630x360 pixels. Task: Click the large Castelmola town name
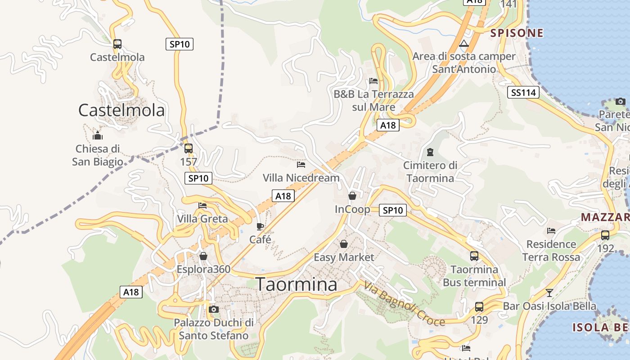pyautogui.click(x=121, y=110)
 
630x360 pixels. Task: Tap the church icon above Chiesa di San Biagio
pyautogui.click(x=98, y=135)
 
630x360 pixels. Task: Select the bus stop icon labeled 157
pyautogui.click(x=189, y=148)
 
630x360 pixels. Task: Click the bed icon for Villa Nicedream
pyautogui.click(x=301, y=165)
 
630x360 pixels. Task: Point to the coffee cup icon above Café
pyautogui.click(x=260, y=226)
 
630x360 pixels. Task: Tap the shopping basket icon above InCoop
pyautogui.click(x=352, y=196)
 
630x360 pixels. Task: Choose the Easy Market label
pyautogui.click(x=344, y=257)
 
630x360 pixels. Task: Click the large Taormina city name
pyautogui.click(x=296, y=284)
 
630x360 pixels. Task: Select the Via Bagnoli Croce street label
pyautogui.click(x=404, y=303)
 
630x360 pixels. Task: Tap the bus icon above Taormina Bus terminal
pyautogui.click(x=474, y=256)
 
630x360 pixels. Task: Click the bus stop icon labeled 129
pyautogui.click(x=479, y=307)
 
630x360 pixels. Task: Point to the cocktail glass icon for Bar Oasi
pyautogui.click(x=549, y=293)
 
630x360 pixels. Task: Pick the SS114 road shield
pyautogui.click(x=524, y=93)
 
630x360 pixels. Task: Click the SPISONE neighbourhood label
pyautogui.click(x=517, y=33)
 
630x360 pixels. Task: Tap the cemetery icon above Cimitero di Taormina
pyautogui.click(x=430, y=152)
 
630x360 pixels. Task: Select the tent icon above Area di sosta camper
pyautogui.click(x=464, y=44)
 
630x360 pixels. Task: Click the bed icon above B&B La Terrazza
pyautogui.click(x=373, y=81)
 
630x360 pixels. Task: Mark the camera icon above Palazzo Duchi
pyautogui.click(x=214, y=309)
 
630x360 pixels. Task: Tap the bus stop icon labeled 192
pyautogui.click(x=605, y=235)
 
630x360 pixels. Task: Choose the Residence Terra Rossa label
pyautogui.click(x=551, y=251)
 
